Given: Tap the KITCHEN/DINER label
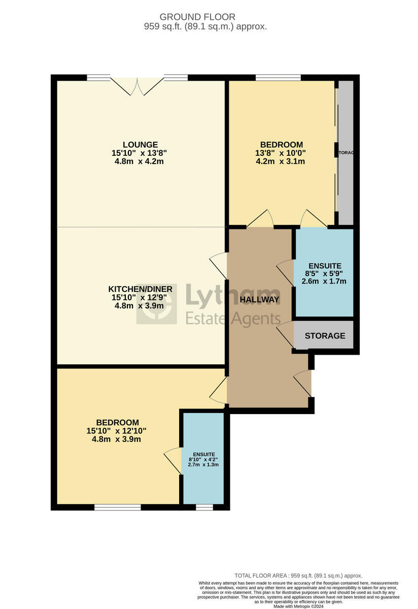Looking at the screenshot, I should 140,289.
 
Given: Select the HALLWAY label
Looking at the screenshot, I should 260,299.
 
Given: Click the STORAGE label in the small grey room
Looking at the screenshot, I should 325,336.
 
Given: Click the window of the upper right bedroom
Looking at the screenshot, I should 277,78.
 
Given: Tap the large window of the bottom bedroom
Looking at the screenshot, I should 117,507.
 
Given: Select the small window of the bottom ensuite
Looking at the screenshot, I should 204,507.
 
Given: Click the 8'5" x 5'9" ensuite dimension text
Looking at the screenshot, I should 325,274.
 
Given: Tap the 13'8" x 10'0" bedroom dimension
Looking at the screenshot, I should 281,153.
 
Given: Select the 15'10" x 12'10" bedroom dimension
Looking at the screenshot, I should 117,431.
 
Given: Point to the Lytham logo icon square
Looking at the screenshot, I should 156,304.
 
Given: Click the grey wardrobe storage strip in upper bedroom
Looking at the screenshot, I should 345,152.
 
